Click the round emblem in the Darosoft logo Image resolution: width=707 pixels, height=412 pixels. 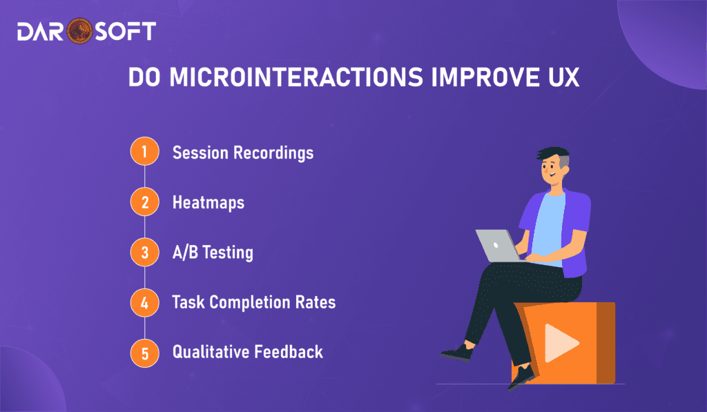click(x=79, y=30)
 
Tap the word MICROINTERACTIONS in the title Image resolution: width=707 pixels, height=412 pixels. click(x=296, y=77)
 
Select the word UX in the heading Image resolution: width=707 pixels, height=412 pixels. click(x=563, y=77)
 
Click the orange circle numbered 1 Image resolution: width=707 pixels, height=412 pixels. click(x=145, y=151)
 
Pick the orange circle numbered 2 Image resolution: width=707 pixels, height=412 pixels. click(x=145, y=202)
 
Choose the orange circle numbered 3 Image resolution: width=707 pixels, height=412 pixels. click(x=145, y=252)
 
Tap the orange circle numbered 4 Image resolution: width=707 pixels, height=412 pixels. click(x=145, y=302)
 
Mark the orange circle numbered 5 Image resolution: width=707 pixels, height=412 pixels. click(x=145, y=353)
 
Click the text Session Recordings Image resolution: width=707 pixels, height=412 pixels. click(x=243, y=153)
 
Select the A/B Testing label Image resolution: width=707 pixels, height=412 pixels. click(x=213, y=253)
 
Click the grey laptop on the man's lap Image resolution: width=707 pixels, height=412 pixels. click(x=498, y=246)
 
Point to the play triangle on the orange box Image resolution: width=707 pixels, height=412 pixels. click(x=561, y=343)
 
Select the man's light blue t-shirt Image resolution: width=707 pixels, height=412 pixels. click(x=548, y=228)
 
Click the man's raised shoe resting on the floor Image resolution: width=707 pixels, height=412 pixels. click(x=458, y=352)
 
